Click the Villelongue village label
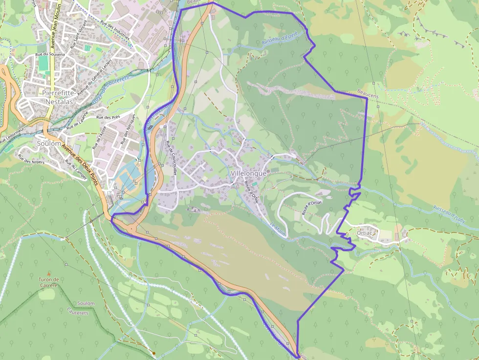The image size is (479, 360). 248,173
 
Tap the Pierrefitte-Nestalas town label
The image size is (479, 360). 58,97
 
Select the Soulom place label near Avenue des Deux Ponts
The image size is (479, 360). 49,144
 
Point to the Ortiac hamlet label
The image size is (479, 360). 365,233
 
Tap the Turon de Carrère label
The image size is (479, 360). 48,282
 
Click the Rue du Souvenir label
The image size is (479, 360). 49,54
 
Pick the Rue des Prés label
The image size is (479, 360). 108,117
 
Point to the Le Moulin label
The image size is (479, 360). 278,228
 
